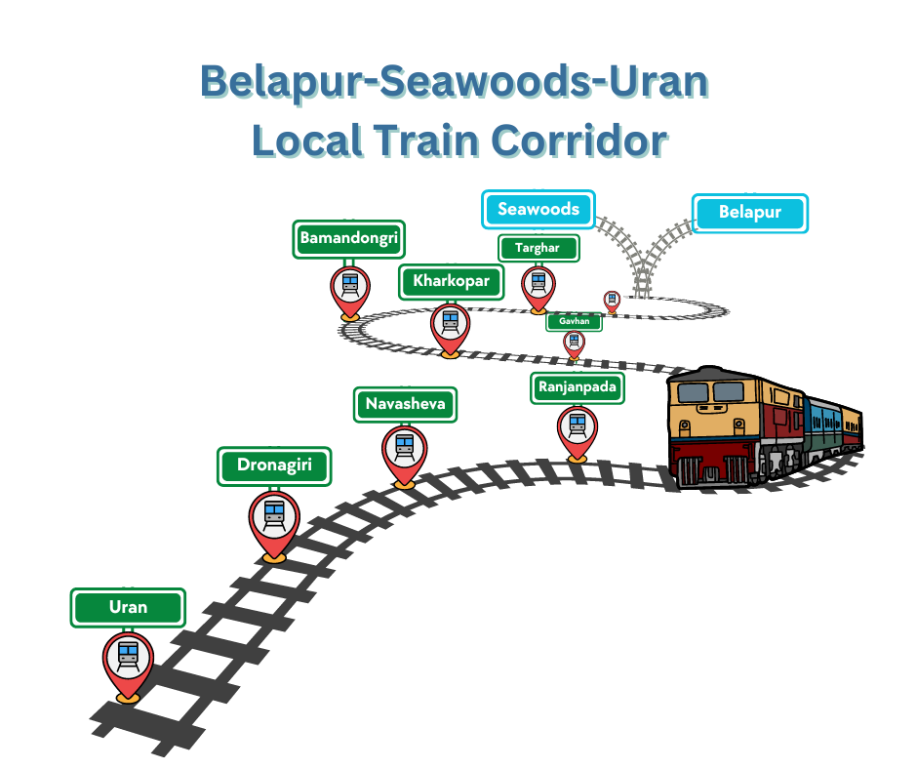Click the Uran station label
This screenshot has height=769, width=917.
(x=128, y=607)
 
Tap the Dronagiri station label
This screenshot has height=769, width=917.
(x=274, y=465)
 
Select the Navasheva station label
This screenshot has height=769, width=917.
(x=405, y=404)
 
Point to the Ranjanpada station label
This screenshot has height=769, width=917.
(x=577, y=387)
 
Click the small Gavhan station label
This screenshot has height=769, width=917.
(x=574, y=321)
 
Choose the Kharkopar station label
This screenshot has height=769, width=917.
(x=451, y=282)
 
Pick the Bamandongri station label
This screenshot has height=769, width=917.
(x=349, y=238)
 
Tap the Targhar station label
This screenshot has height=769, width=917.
(x=538, y=248)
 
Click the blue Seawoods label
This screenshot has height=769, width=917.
(x=538, y=210)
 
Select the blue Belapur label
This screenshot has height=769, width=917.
(x=750, y=213)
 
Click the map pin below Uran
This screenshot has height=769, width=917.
(x=128, y=663)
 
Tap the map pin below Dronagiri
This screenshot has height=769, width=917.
(x=274, y=521)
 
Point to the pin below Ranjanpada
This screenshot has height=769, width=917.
(x=578, y=430)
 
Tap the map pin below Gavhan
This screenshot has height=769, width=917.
(x=574, y=343)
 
